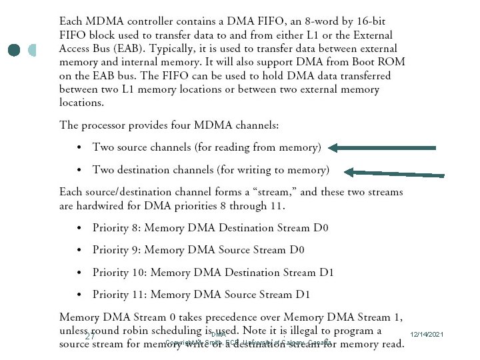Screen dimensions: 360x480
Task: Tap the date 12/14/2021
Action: [x=428, y=334]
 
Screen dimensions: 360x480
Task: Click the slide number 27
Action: [x=89, y=337]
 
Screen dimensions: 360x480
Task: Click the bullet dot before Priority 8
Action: [x=79, y=229]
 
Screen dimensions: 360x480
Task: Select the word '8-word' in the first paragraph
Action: [x=297, y=21]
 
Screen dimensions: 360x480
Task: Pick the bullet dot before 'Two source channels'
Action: [x=79, y=147]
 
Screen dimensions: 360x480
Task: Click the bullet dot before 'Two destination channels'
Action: [x=79, y=170]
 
